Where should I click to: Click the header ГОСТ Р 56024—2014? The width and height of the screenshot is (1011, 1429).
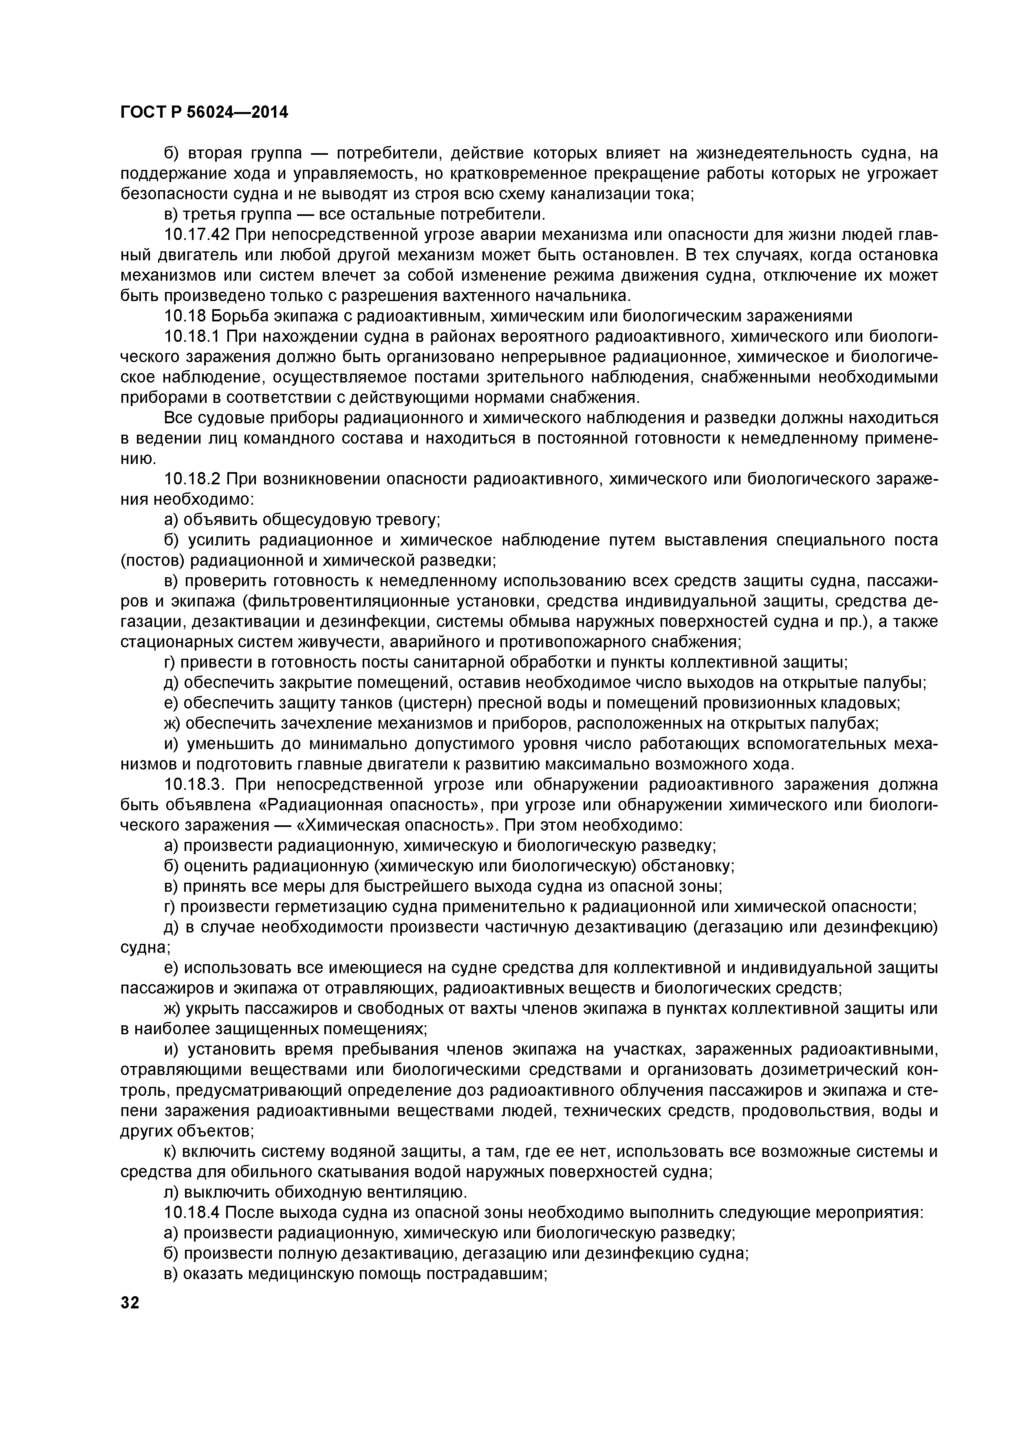(x=204, y=113)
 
